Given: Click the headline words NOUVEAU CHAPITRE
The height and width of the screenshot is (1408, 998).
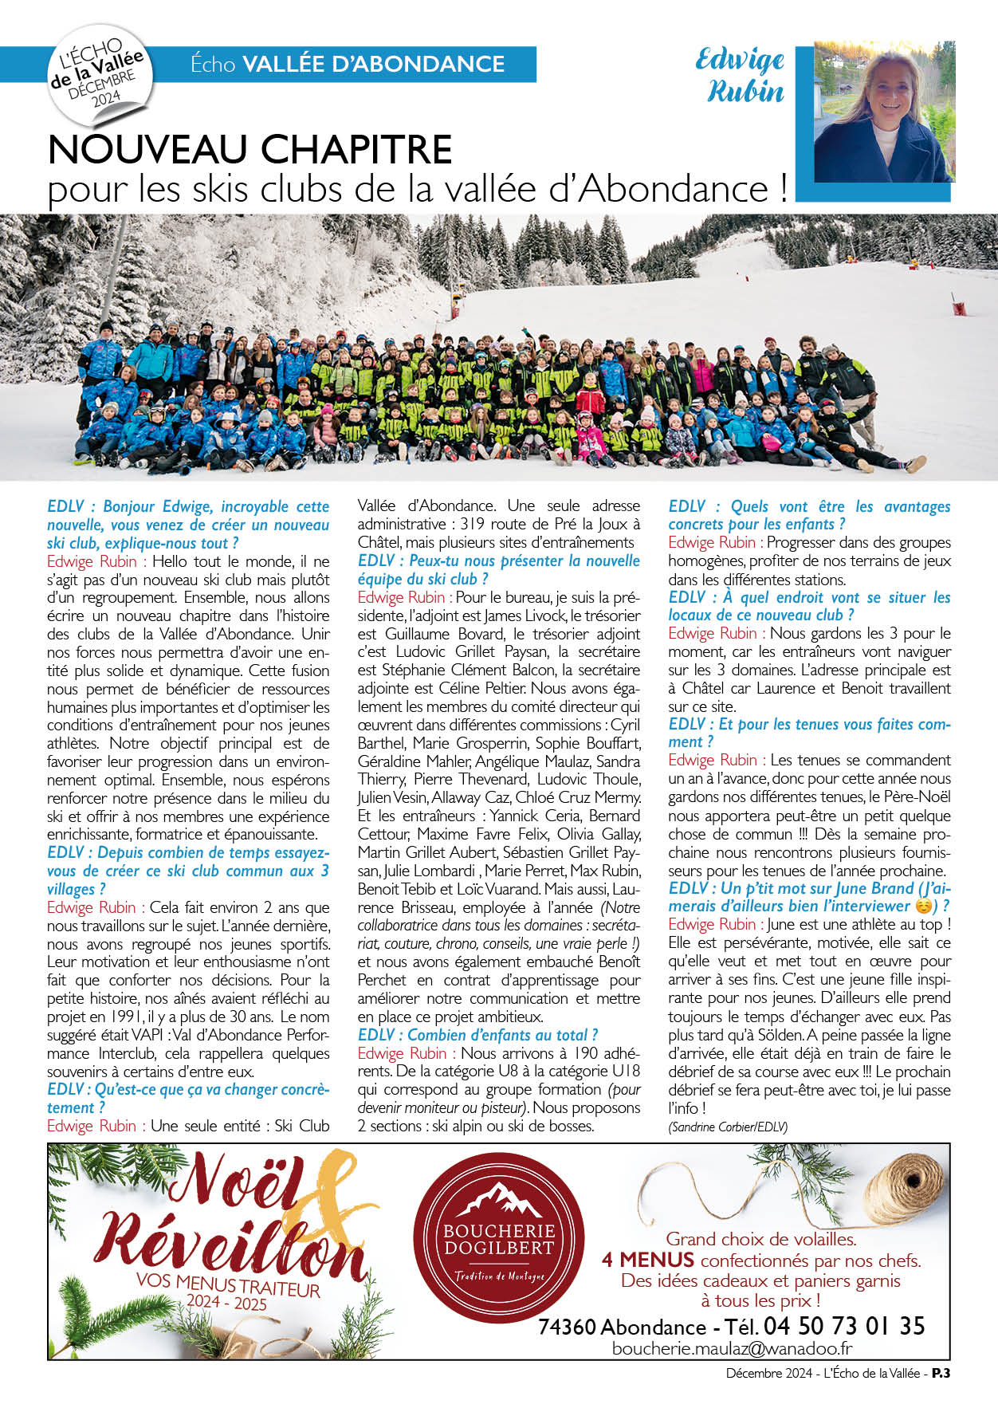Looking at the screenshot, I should pyautogui.click(x=250, y=149).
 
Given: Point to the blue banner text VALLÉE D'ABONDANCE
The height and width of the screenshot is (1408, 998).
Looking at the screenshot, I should pyautogui.click(x=373, y=64).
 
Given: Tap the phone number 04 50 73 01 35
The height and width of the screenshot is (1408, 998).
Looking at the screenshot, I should pyautogui.click(x=844, y=1326).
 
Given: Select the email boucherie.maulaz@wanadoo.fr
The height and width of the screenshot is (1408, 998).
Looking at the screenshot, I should pyautogui.click(x=733, y=1347).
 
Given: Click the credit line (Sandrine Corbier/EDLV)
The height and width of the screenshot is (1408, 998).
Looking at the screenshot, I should pyautogui.click(x=728, y=1127).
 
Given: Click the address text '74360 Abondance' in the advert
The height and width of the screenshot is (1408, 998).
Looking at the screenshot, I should pyautogui.click(x=622, y=1327).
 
